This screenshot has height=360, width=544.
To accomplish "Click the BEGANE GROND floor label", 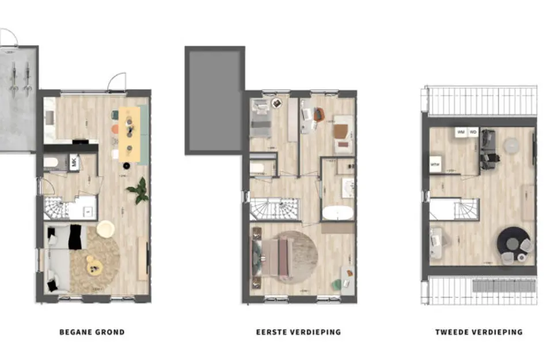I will pos(92,332).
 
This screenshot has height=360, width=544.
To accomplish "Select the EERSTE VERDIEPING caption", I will pos(298,332).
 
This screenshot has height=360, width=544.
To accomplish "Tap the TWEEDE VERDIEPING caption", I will pos(479,332).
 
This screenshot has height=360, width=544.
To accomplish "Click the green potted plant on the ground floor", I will pos(139,190).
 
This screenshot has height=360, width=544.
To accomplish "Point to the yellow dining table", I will pos(128,134).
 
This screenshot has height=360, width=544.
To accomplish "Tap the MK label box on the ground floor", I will pos(74,162).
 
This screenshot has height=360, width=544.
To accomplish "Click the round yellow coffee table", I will pos(94,264).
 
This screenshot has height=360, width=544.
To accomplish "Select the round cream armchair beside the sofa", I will pos(106,229).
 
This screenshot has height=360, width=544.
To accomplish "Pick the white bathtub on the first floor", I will pos(338,213).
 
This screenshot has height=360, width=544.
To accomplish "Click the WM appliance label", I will pos(461,132).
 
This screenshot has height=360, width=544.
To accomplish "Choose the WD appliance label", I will pos(473,132).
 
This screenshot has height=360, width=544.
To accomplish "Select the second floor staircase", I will pos(454,209).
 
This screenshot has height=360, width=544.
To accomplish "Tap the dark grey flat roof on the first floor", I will pos(212,100).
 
